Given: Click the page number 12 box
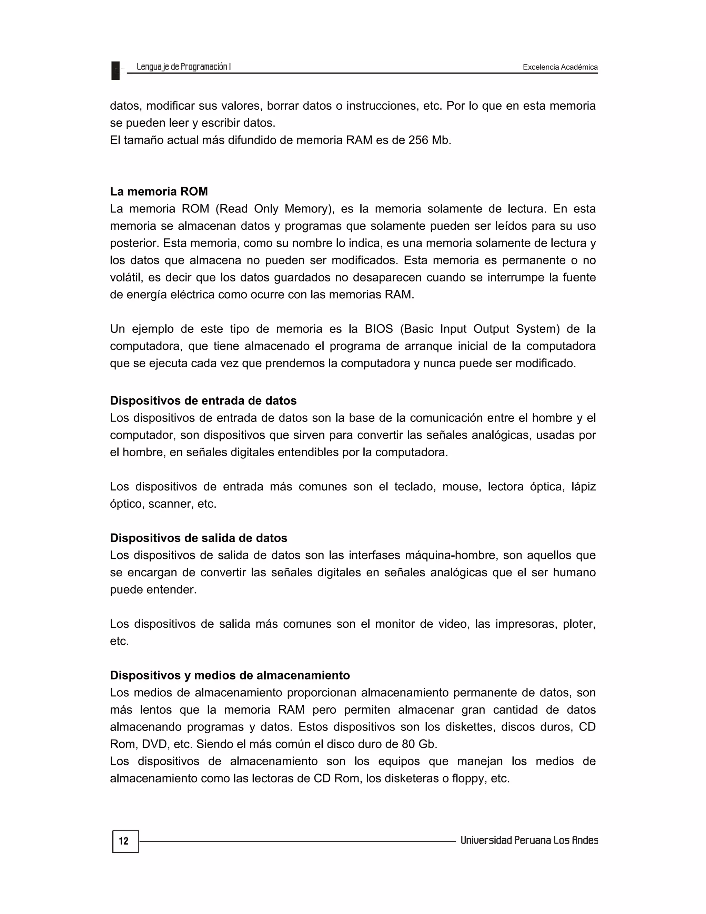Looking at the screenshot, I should pos(125,841).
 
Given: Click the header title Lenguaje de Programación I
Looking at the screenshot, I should pos(184,67).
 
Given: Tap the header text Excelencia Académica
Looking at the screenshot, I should pos(560,67).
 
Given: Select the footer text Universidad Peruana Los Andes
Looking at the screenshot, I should pos(529,840).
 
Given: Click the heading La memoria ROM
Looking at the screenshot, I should pos(159,191).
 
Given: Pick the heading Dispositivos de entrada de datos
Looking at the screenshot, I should pos(203,400).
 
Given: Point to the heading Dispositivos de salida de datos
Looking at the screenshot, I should pos(199,538).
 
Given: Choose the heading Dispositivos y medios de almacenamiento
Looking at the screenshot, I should pos(230,675).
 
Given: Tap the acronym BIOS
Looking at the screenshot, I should pos(379,329).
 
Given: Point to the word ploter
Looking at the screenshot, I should pos(579,624).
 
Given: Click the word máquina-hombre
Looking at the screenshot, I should pos(450,555).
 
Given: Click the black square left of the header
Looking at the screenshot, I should pos(115,70).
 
